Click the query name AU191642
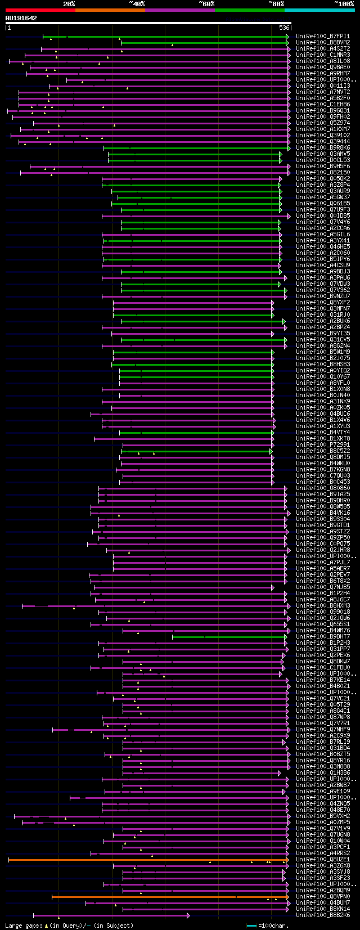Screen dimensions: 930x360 coord(21,18)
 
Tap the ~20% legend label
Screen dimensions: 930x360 coord(69,4)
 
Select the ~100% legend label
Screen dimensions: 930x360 coord(344,4)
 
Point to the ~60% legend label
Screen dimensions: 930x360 coord(206,4)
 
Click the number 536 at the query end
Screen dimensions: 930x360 coord(284,28)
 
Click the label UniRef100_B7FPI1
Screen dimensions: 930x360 coord(322,36)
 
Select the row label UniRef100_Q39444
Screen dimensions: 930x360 coord(322,141)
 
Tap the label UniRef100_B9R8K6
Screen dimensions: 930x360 coord(322,147)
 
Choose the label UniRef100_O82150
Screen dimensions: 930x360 coord(322,172)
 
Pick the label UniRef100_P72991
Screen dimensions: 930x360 coord(322,444)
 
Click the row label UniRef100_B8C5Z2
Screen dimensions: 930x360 coord(322,451)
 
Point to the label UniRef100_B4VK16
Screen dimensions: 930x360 coord(322,513)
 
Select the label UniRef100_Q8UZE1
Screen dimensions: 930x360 coord(322,859)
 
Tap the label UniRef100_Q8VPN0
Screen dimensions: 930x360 coord(322,896)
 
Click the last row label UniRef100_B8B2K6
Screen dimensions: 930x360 coord(322,915)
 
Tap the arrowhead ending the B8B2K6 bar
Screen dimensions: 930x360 coord(188,915)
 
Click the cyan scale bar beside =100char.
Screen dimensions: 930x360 coord(251,925)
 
